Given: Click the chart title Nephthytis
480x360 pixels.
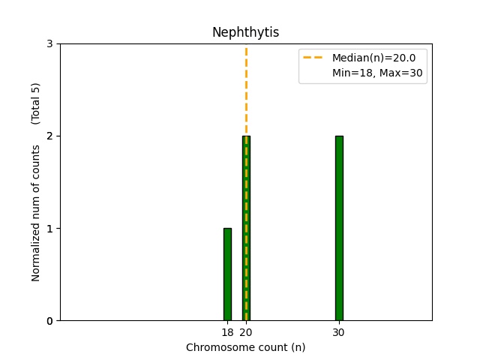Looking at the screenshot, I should (x=245, y=32).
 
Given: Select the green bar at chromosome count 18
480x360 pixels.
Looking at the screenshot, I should (x=227, y=274).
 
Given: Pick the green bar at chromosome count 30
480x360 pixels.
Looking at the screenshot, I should (x=339, y=228).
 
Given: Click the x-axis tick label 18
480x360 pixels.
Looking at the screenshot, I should (x=227, y=332).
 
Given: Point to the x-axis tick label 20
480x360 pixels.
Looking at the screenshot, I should (x=246, y=332).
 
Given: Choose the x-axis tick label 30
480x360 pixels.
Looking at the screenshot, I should (x=339, y=332).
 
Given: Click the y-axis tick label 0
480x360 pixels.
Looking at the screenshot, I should (x=49, y=321).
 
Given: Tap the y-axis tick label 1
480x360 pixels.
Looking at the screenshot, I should (x=49, y=229).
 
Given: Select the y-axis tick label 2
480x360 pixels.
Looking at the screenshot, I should (x=49, y=136).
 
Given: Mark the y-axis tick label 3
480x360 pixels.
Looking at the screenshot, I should (x=49, y=44).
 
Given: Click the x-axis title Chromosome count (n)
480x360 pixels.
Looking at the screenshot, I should (x=245, y=347).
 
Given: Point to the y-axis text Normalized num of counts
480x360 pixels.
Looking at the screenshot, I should (x=36, y=213).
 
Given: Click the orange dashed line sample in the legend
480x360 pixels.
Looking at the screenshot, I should (x=314, y=57).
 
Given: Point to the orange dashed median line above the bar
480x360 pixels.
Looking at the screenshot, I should (x=246, y=90).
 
